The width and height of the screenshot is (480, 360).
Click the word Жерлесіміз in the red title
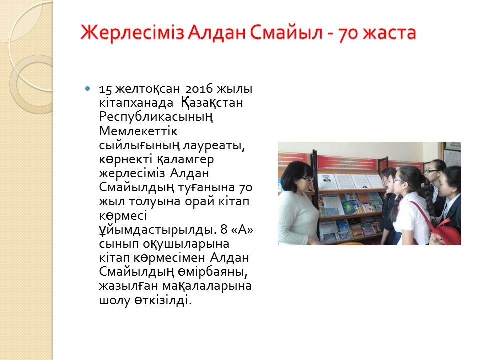pyautogui.click(x=132, y=33)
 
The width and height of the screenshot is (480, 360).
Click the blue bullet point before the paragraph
pyautogui.click(x=88, y=89)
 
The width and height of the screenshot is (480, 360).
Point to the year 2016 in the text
pyautogui.click(x=199, y=89)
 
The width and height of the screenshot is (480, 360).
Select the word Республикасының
pyautogui.click(x=156, y=117)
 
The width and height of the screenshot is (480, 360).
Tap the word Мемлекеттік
pyautogui.click(x=138, y=131)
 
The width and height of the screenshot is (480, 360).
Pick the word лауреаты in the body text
pyautogui.click(x=214, y=145)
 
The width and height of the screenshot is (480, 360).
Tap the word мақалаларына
pyautogui.click(x=207, y=286)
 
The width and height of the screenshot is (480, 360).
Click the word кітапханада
pyautogui.click(x=136, y=103)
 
